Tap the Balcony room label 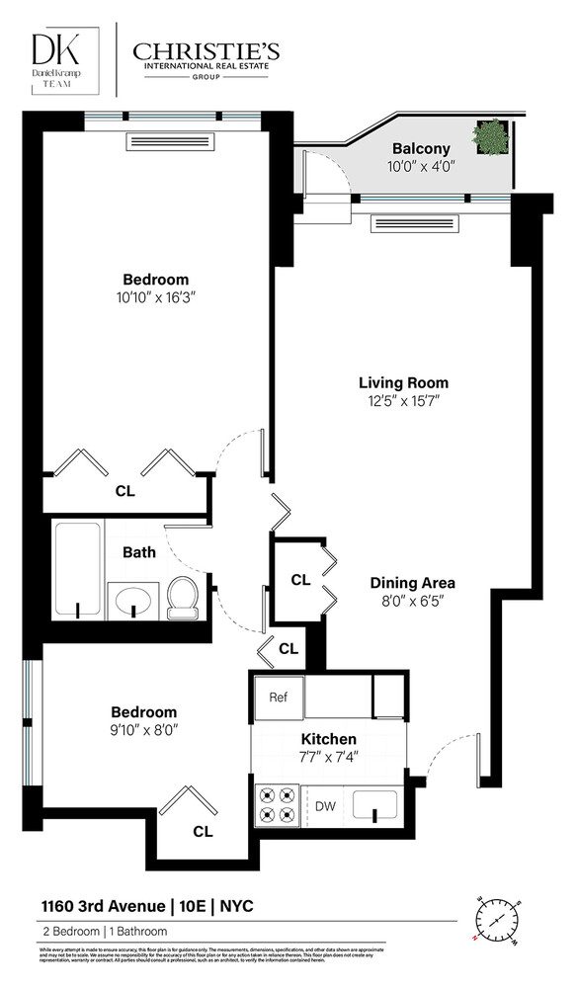coord(420,149)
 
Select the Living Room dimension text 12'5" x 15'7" coord(403,400)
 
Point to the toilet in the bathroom coord(183,597)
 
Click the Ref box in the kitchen coord(279,698)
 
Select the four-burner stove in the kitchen coord(278,803)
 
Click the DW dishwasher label coord(325,805)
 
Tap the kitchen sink coord(374,803)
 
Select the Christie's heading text coord(206,51)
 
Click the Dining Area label coord(412,582)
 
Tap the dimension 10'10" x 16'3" coord(155,296)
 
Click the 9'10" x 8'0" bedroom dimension coord(143,730)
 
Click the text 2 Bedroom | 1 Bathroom coord(104,932)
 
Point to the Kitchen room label coord(330,739)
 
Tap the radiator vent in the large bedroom coord(171,142)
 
